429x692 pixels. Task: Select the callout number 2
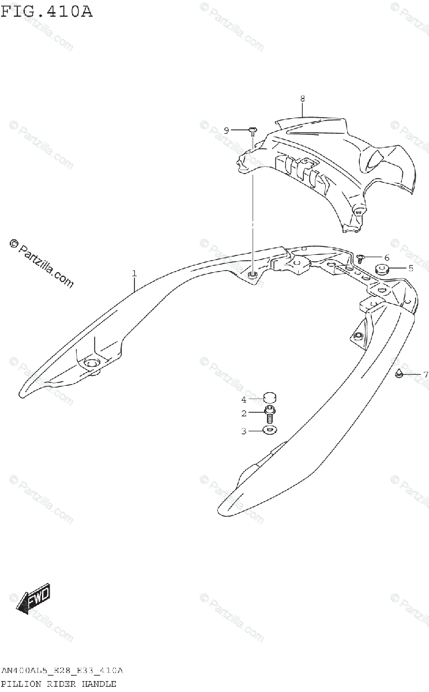click(x=244, y=413)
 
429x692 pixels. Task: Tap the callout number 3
click(x=244, y=430)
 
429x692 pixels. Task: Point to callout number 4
click(x=244, y=399)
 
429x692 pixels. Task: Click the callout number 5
click(x=411, y=268)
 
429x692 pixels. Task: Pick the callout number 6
click(x=386, y=257)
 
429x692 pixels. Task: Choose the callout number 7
click(x=426, y=375)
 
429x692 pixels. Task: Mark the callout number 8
click(x=302, y=99)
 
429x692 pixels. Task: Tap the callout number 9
click(x=227, y=130)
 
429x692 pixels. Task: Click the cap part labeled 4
click(x=269, y=397)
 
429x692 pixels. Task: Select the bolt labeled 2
click(x=269, y=413)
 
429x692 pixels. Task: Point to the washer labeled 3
click(x=269, y=430)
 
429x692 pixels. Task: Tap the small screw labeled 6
click(x=360, y=258)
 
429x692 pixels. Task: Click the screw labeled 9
click(x=253, y=131)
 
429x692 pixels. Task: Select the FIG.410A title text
click(x=46, y=12)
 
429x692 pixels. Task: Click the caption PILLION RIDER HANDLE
click(x=59, y=683)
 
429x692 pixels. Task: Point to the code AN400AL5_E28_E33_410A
click(x=62, y=671)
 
